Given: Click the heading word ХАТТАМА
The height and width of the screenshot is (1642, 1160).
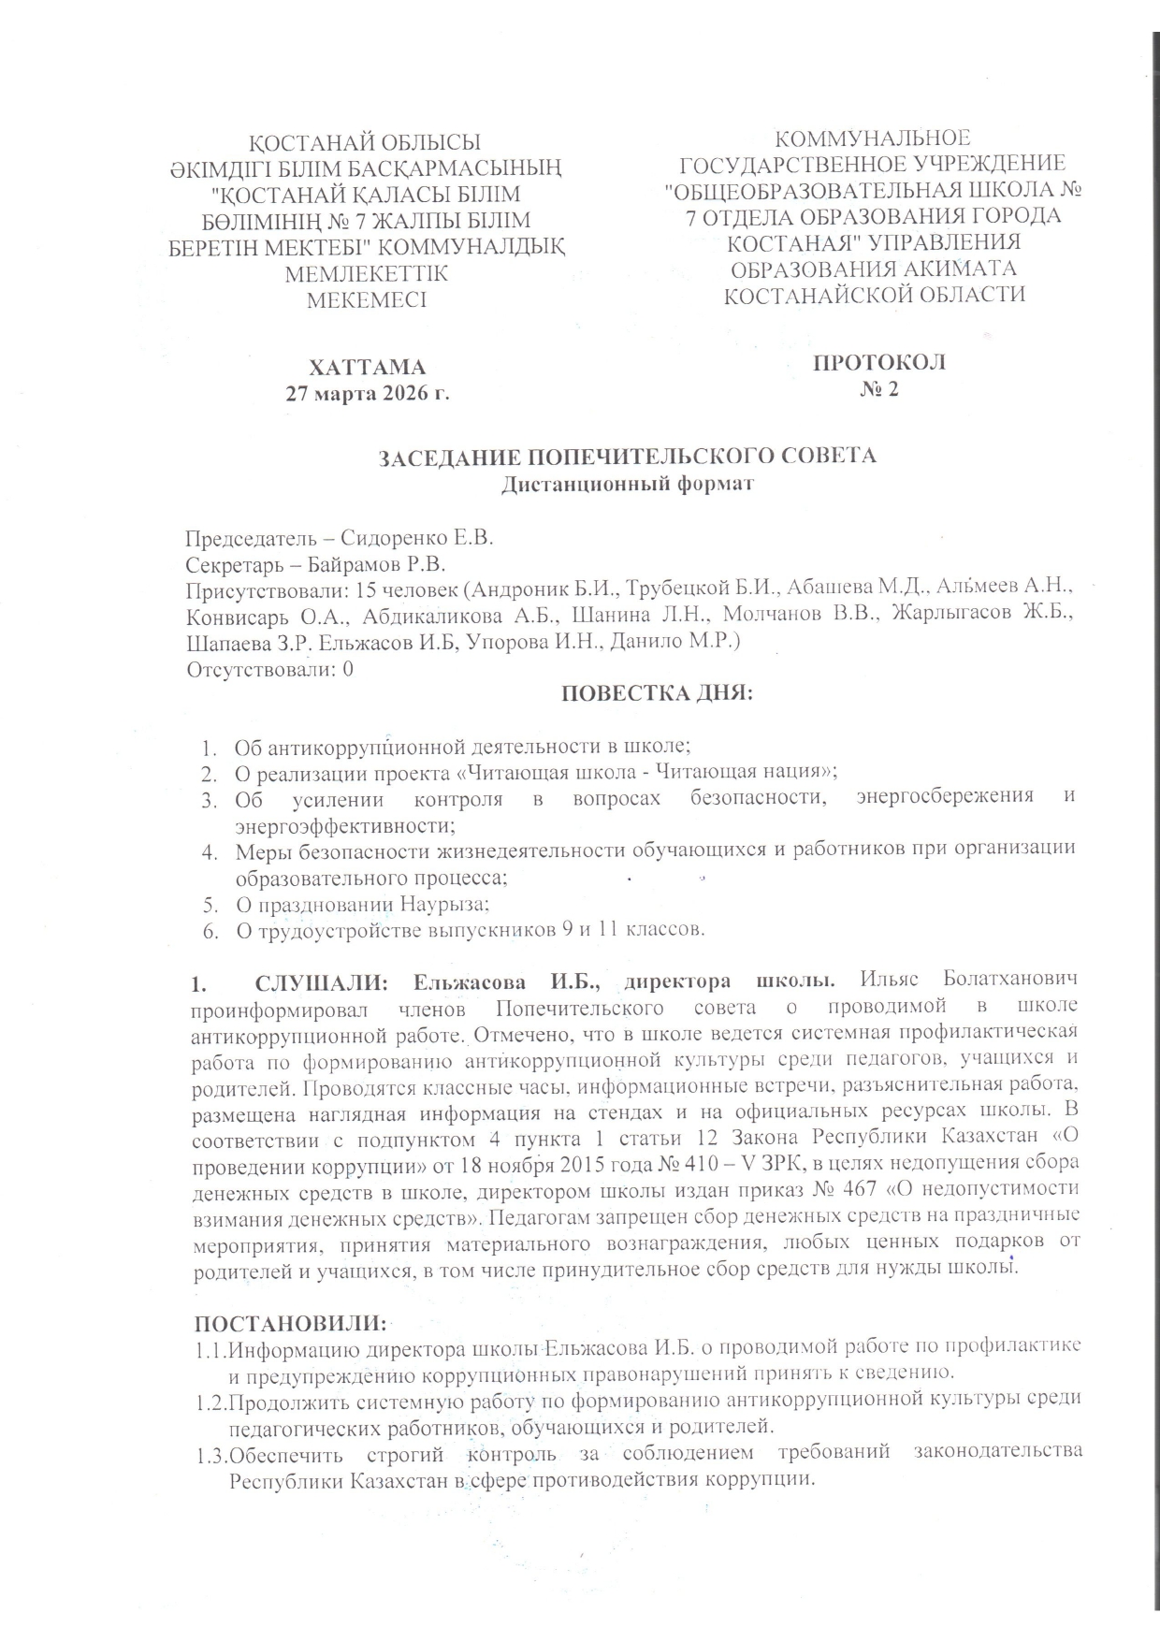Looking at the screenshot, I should [368, 365].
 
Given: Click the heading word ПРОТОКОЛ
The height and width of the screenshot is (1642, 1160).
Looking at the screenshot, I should [878, 362].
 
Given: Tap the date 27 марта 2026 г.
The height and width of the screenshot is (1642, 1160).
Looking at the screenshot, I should [368, 392].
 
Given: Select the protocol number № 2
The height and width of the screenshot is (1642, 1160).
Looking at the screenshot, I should [878, 389].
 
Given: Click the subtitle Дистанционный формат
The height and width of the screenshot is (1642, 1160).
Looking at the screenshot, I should [627, 484].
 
